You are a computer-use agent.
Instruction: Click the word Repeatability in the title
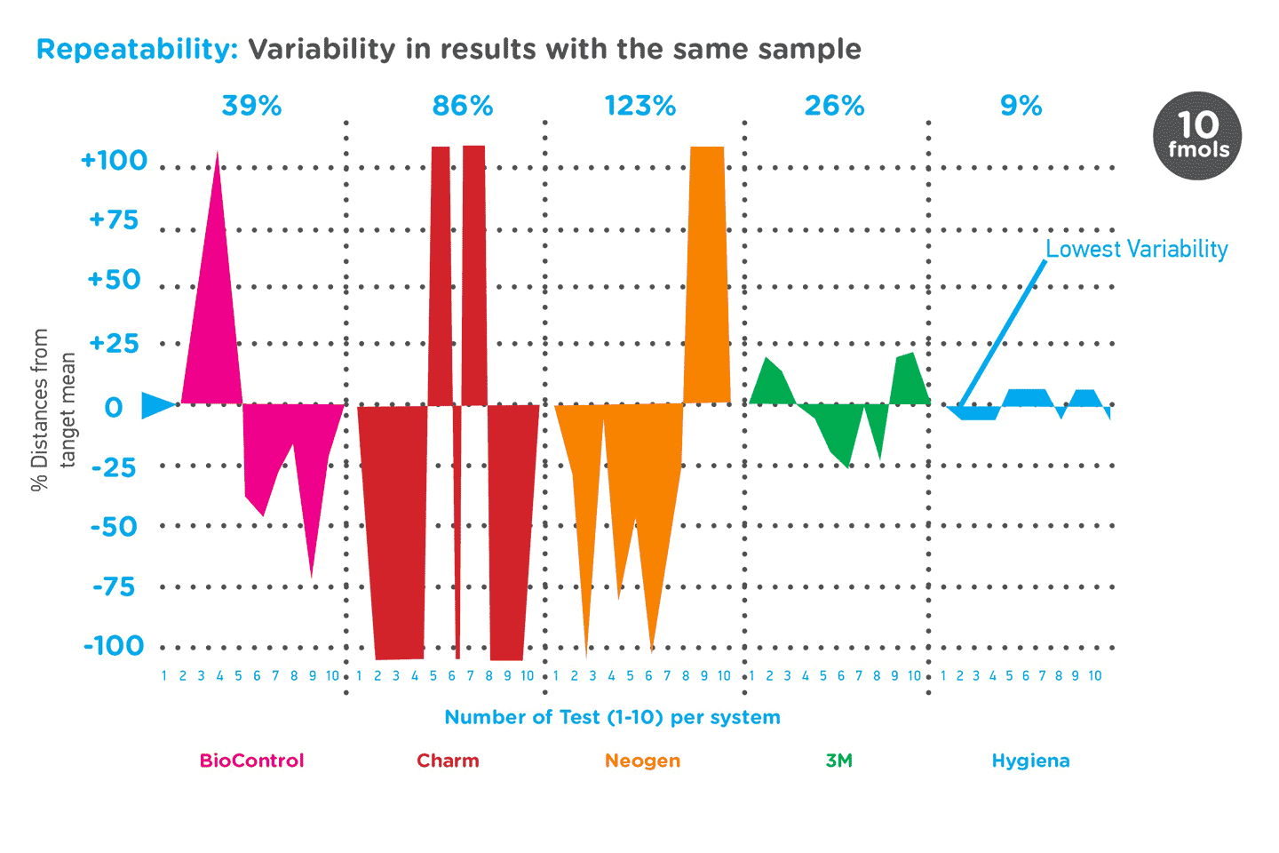coord(137,49)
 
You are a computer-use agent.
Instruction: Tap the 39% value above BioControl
coord(251,107)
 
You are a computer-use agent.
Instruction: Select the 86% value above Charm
coord(462,107)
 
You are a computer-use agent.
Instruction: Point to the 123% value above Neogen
coord(640,107)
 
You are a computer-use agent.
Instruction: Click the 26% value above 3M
coord(834,107)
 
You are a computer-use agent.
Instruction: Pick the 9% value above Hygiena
coord(1021,107)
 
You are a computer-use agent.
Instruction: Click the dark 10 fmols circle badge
coord(1196,136)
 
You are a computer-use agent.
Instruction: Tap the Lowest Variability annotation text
coord(1136,249)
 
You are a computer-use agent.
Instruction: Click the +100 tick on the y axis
coord(115,161)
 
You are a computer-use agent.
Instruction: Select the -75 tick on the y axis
coord(115,586)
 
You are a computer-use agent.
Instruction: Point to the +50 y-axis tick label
coord(115,280)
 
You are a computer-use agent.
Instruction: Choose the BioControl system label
coord(251,761)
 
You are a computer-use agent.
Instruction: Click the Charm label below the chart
coord(448,761)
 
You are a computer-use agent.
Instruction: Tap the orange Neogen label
coord(642,761)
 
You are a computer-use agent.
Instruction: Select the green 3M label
coord(838,761)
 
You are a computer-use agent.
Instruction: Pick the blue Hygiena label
coord(1030,761)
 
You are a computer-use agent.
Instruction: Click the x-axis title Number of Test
coord(612,717)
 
